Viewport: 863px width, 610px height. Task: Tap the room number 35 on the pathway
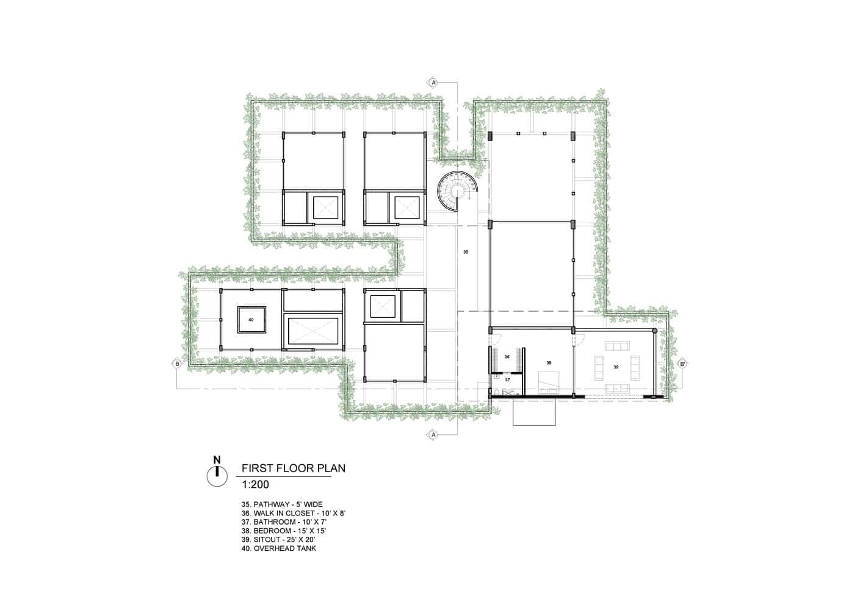tap(466, 251)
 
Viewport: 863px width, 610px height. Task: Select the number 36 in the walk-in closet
tap(507, 357)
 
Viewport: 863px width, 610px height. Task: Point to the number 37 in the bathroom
tap(507, 379)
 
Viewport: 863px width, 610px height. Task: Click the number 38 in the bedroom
tap(549, 362)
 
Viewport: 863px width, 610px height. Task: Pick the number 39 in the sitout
tap(616, 367)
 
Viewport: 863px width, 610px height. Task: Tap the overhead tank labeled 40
tap(251, 319)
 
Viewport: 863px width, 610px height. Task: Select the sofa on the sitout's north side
tap(616, 346)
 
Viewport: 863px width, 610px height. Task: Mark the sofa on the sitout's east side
tap(635, 366)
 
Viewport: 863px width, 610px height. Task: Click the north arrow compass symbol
tap(216, 474)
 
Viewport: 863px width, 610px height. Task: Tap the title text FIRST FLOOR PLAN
tap(294, 468)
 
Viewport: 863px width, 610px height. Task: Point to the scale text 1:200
tap(255, 486)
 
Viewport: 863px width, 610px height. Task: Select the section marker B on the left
tap(176, 364)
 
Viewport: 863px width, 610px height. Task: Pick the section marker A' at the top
tap(434, 82)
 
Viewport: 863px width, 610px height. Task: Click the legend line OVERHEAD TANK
tap(279, 548)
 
